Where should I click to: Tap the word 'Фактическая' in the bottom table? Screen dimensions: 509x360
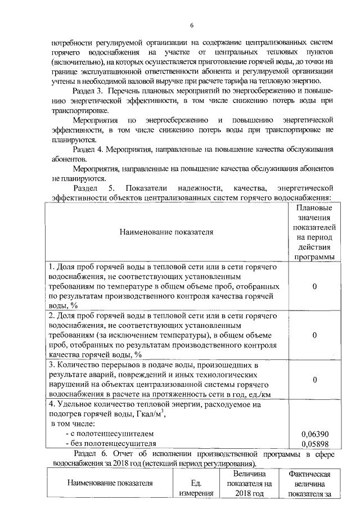point(309,475)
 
